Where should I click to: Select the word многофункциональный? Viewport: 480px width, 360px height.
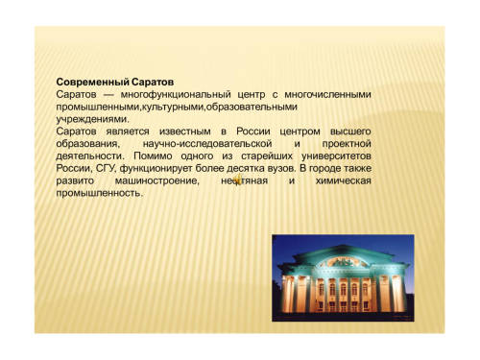pyautogui.click(x=176, y=95)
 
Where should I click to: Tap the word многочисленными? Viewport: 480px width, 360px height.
pyautogui.click(x=327, y=95)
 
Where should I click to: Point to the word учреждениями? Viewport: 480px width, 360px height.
pyautogui.click(x=93, y=119)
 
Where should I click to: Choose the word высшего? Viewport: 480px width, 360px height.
pyautogui.click(x=350, y=132)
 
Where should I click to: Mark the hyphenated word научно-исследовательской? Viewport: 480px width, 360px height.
pyautogui.click(x=207, y=144)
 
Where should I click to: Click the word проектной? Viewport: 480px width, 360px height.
pyautogui.click(x=347, y=144)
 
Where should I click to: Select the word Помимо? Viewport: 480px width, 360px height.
pyautogui.click(x=153, y=156)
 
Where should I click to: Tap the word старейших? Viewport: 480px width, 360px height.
pyautogui.click(x=267, y=156)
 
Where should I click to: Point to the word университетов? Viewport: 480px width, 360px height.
pyautogui.click(x=336, y=156)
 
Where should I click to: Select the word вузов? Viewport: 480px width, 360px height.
pyautogui.click(x=281, y=169)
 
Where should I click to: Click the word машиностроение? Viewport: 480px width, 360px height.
pyautogui.click(x=157, y=180)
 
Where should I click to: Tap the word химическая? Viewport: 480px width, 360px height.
pyautogui.click(x=344, y=180)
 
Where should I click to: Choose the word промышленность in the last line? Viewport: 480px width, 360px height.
pyautogui.click(x=99, y=193)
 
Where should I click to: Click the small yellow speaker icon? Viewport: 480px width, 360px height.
pyautogui.click(x=238, y=180)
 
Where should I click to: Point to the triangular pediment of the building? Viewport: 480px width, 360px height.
pyautogui.click(x=344, y=257)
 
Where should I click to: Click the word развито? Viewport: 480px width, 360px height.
pyautogui.click(x=75, y=180)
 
